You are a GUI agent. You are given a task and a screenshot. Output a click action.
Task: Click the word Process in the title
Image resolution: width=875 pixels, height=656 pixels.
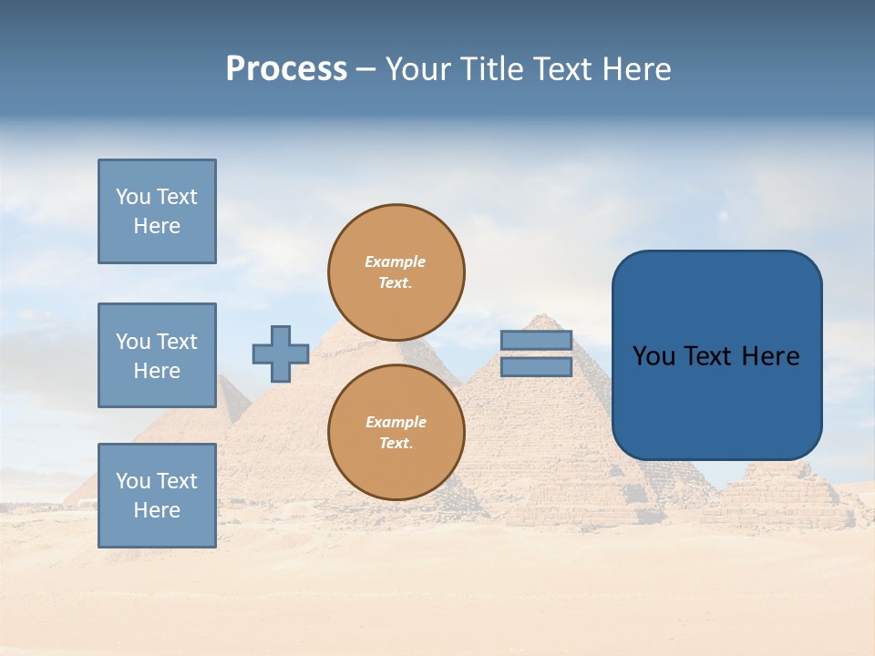point(286,69)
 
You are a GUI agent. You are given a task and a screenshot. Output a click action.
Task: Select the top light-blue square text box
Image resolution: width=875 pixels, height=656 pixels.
point(157,211)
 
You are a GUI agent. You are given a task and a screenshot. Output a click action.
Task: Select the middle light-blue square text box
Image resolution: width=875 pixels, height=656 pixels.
point(157,355)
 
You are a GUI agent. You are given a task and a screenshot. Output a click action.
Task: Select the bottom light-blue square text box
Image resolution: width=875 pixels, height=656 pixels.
point(157,496)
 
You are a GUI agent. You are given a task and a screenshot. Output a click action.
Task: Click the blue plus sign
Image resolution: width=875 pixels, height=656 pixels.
point(281,354)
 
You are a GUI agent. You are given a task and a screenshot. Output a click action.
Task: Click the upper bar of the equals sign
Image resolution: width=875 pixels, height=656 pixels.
point(536,341)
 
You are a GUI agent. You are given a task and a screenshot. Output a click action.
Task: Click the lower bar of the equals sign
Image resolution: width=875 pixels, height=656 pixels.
point(536,367)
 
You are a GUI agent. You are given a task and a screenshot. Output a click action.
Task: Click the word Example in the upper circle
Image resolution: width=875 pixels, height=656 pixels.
point(396,261)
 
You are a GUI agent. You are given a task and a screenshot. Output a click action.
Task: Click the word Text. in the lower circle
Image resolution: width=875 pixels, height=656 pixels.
point(396,444)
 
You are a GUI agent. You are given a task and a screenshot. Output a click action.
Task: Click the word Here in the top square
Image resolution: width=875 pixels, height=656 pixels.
point(157,226)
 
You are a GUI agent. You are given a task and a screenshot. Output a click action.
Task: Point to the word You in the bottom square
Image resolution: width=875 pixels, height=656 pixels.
point(133,481)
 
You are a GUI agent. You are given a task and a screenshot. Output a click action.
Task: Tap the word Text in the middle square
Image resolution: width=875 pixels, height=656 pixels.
point(177,342)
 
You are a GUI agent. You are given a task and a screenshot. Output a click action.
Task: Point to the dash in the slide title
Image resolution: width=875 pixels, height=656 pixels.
point(365,70)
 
